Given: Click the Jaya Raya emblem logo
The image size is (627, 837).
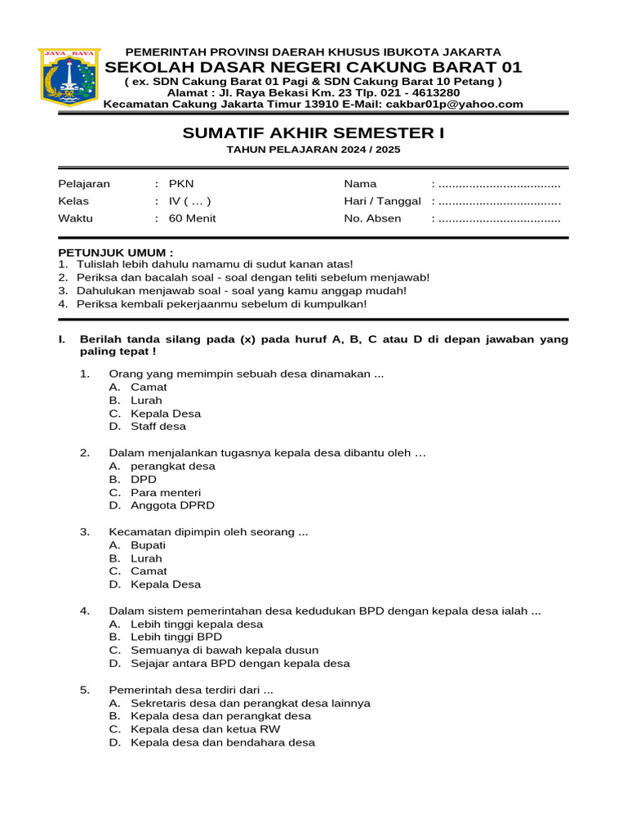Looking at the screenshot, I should pyautogui.click(x=69, y=78).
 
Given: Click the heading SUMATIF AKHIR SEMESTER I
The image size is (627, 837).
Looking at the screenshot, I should pyautogui.click(x=313, y=133).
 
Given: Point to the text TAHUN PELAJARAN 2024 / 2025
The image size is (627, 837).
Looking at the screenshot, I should pyautogui.click(x=313, y=150).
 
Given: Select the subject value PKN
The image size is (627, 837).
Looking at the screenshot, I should pyautogui.click(x=181, y=184).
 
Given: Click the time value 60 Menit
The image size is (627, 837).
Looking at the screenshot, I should pyautogui.click(x=193, y=218).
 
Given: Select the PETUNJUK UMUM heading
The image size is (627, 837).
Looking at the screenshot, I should pyautogui.click(x=115, y=253).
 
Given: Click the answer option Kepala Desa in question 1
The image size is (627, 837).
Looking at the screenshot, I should pyautogui.click(x=166, y=414).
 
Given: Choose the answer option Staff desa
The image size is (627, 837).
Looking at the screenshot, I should pyautogui.click(x=158, y=427).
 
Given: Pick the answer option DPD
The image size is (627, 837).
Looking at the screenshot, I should pyautogui.click(x=144, y=480).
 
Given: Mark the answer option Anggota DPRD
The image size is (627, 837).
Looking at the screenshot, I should pyautogui.click(x=172, y=506).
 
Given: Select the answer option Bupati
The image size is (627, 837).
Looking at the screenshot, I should pyautogui.click(x=148, y=545).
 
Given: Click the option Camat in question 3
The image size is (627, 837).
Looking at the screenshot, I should pyautogui.click(x=149, y=571).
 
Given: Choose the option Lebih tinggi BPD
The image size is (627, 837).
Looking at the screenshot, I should pyautogui.click(x=176, y=638).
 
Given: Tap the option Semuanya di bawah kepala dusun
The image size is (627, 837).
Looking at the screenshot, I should pyautogui.click(x=219, y=651).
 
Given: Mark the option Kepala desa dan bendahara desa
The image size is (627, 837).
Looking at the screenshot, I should pyautogui.click(x=223, y=743).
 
